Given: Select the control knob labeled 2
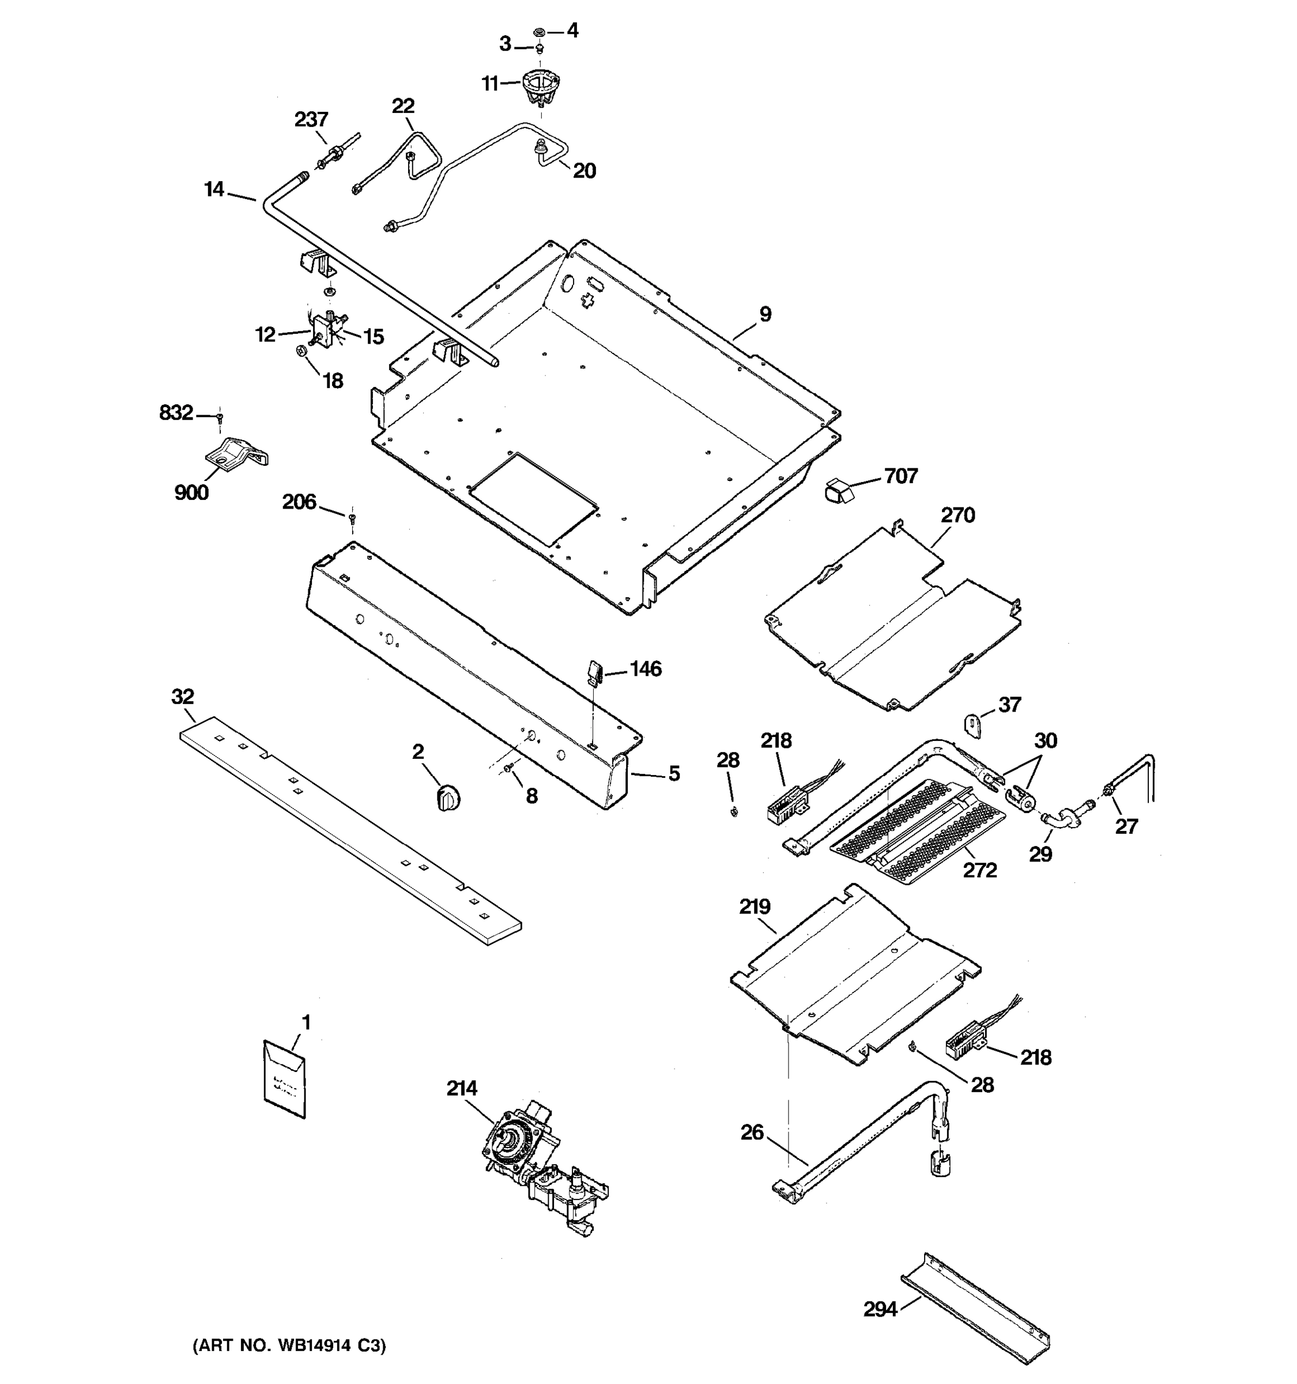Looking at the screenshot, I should click(448, 797).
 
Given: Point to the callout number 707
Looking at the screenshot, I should click(900, 476).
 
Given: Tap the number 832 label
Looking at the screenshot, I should click(176, 413).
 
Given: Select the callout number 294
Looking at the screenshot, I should click(880, 1310).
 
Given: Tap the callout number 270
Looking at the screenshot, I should click(957, 515).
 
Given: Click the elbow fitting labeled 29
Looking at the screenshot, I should click(1063, 817).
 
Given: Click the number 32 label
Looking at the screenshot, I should click(183, 696).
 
